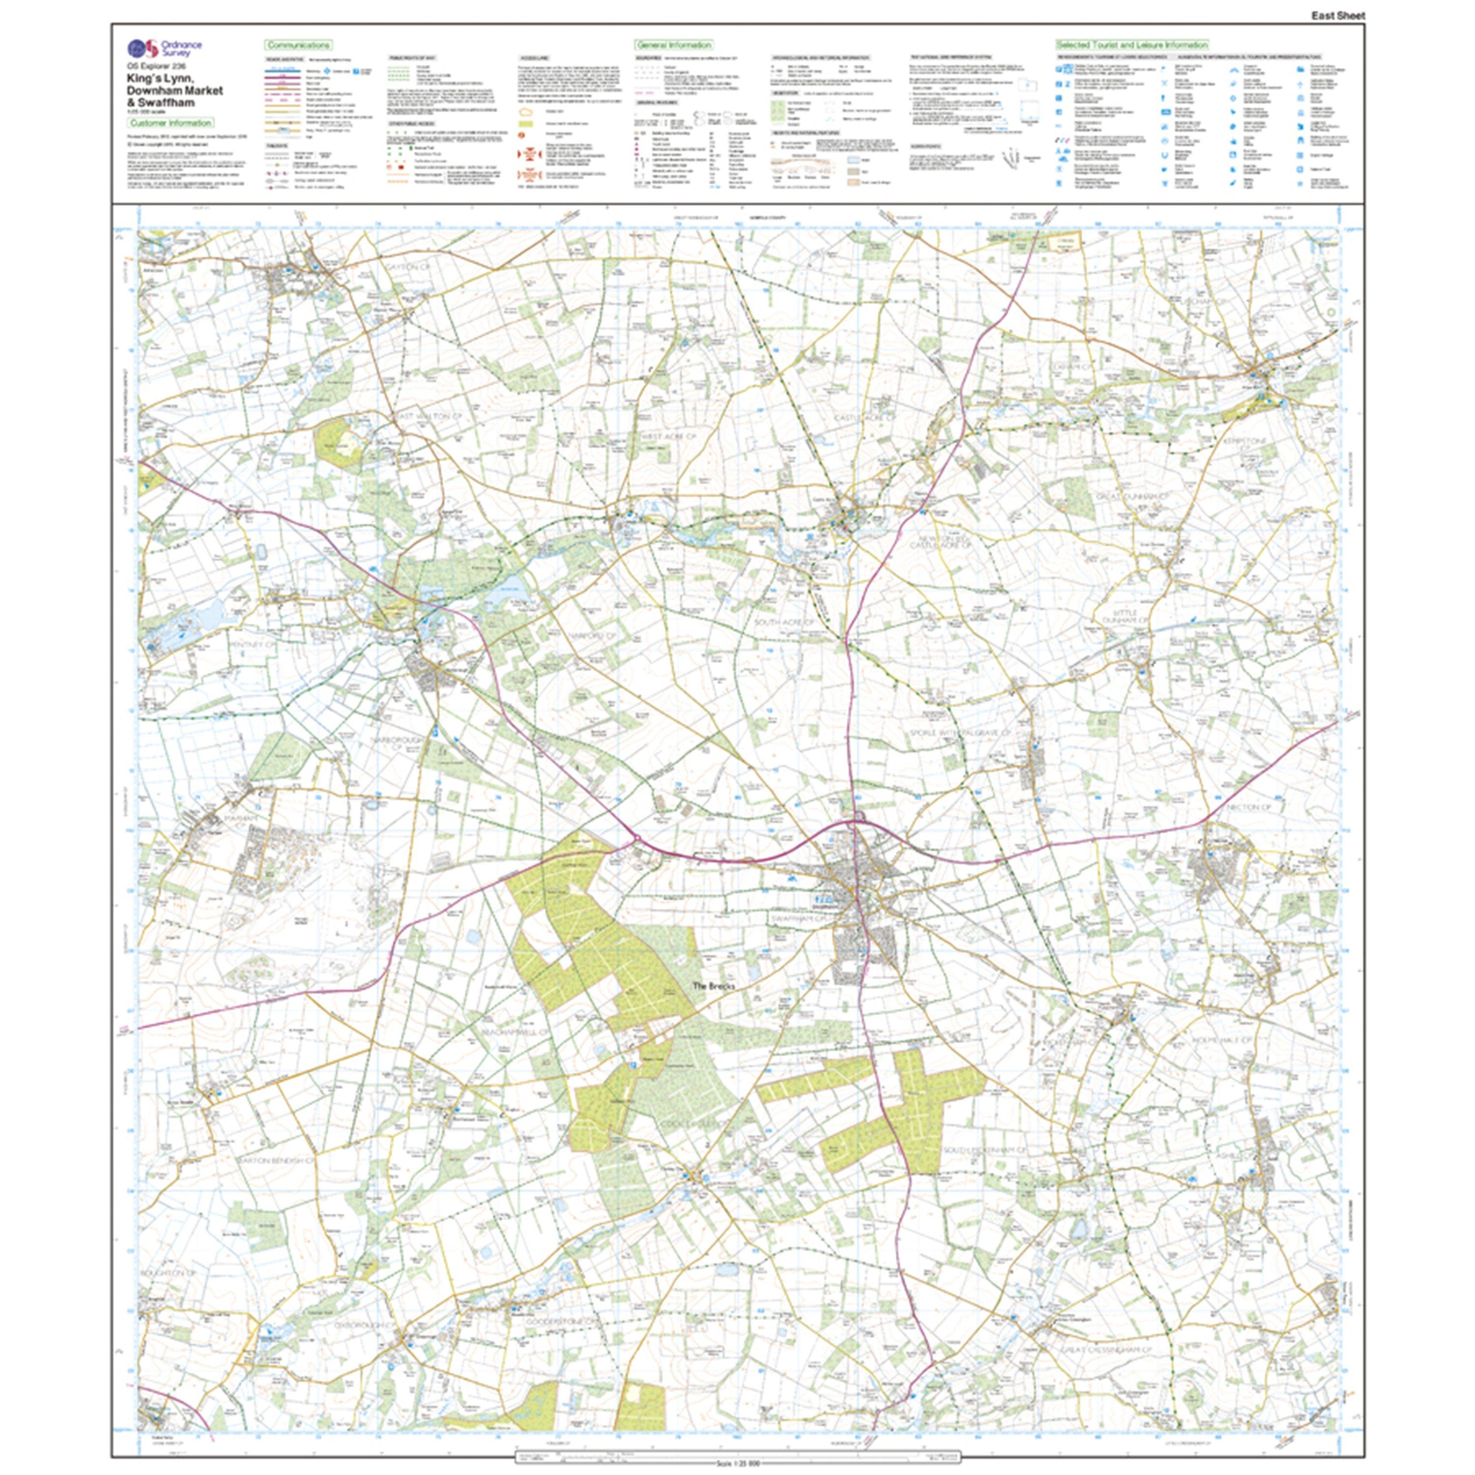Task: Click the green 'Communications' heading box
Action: tap(298, 46)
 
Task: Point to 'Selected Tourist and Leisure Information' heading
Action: tap(1131, 46)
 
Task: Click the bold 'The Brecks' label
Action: tap(711, 986)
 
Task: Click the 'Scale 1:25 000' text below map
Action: tap(737, 1464)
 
